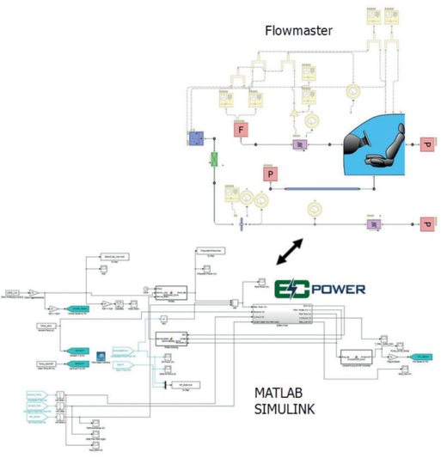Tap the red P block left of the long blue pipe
[x=269, y=175]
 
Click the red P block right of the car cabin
[x=427, y=145]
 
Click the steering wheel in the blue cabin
[x=359, y=134]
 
